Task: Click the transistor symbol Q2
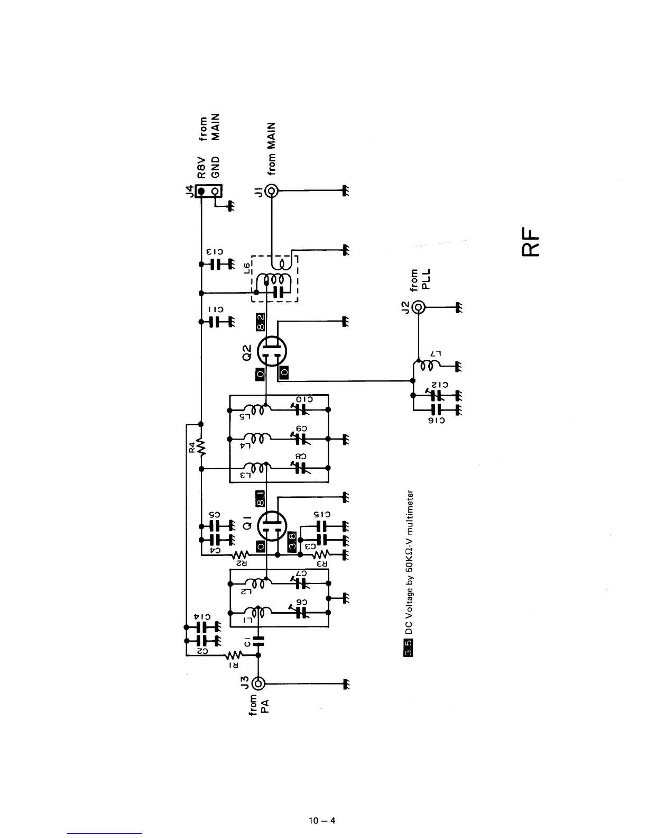[x=272, y=350]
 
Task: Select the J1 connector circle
[x=272, y=190]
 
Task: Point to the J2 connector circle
[x=419, y=307]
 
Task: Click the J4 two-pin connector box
[x=209, y=190]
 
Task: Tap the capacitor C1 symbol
[x=258, y=642]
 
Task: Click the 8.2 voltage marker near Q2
[x=261, y=322]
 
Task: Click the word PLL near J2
[x=429, y=279]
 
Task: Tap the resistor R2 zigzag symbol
[x=241, y=554]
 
